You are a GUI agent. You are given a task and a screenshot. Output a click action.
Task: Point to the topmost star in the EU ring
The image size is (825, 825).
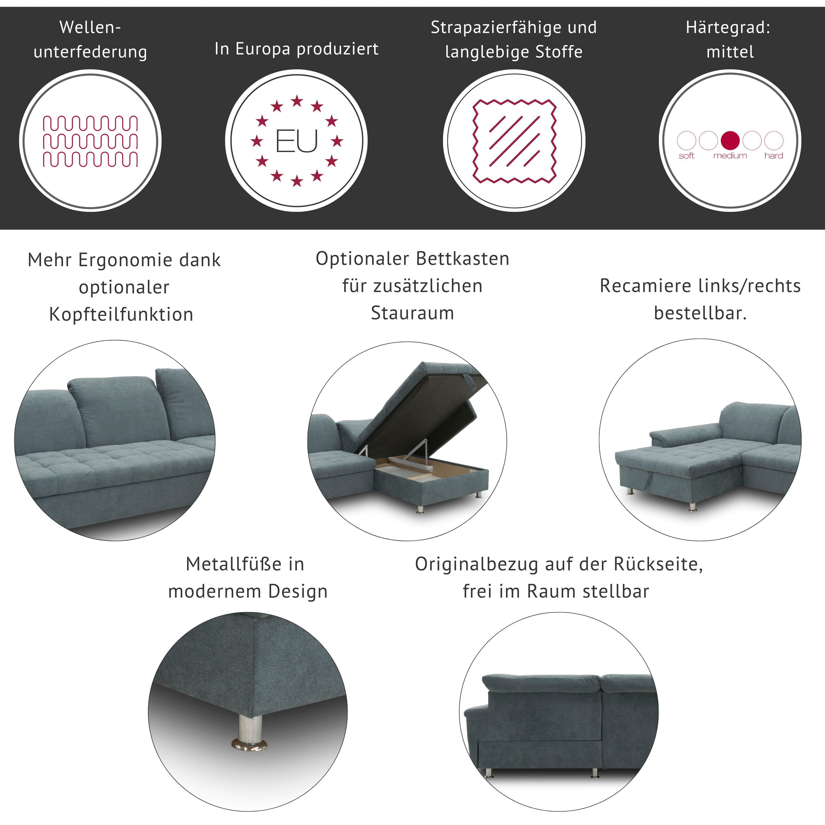[x=297, y=101]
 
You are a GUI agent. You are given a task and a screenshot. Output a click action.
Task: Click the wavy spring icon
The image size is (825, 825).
[x=90, y=141]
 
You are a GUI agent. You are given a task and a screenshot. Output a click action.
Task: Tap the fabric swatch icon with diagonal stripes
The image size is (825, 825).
[x=514, y=141]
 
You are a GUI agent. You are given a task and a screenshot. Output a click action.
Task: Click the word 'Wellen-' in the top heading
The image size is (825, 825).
[x=90, y=27]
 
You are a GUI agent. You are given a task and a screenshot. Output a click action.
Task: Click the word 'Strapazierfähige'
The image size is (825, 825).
[x=496, y=27]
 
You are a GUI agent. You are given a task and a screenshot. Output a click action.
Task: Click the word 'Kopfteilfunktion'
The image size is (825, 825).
[x=121, y=314]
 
